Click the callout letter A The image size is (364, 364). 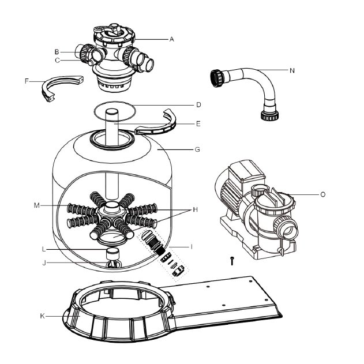171,39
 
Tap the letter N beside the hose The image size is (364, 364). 292,70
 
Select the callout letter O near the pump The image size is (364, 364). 322,194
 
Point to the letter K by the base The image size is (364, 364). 42,316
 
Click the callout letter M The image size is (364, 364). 37,205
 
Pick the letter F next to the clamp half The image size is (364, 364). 27,81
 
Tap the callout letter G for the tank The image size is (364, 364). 197,149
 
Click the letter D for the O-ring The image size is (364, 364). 198,105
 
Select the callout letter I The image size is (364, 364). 192,246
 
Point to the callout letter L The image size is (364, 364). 44,250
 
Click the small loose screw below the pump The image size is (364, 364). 232,261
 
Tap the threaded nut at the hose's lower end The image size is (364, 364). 269,115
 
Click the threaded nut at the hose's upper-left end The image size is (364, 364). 216,78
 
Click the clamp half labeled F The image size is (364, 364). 61,87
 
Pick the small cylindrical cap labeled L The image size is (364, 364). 113,253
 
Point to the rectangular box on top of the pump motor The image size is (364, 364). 246,171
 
